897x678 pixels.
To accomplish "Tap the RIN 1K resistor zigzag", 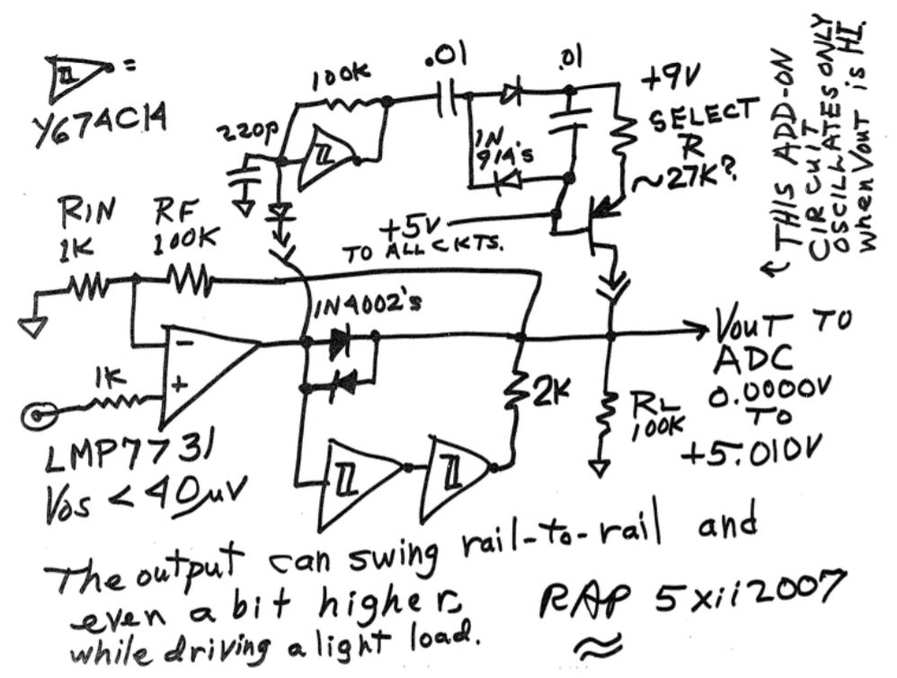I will coord(84,286).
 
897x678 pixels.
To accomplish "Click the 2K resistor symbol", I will coord(517,387).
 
